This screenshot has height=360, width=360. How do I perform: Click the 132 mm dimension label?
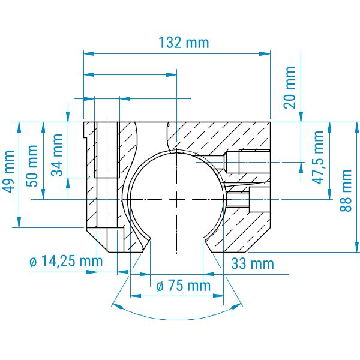[x=184, y=43]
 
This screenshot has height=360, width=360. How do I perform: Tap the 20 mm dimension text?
[x=289, y=88]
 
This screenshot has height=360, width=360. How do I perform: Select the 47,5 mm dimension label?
[x=318, y=157]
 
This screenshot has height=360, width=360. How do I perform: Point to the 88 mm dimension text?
[x=346, y=191]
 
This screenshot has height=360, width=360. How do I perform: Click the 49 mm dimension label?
[x=9, y=172]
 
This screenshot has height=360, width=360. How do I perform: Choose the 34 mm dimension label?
[x=57, y=155]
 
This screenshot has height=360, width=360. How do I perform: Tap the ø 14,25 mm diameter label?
[x=66, y=262]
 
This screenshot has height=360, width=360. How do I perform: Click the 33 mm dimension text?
[x=253, y=263]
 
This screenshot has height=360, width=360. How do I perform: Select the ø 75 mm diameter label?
[x=184, y=286]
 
